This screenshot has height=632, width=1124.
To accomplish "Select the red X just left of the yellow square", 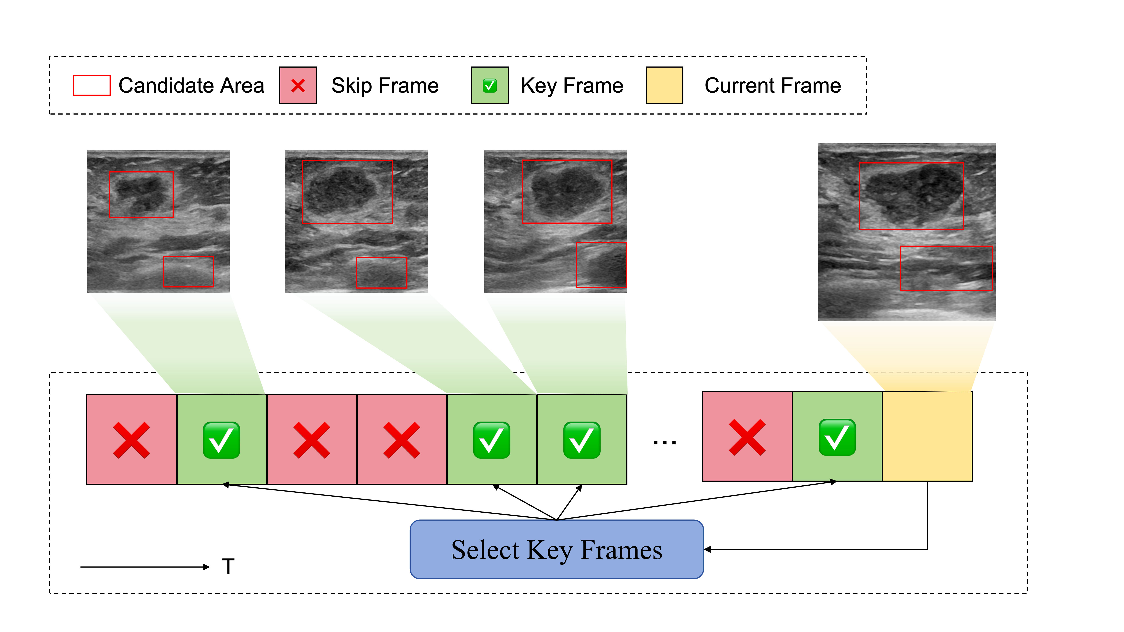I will click(x=747, y=438).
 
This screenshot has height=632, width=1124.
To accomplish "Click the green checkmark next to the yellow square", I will click(x=837, y=438).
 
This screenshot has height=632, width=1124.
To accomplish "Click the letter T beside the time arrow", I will click(x=228, y=566).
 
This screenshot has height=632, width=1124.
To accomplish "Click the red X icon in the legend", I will click(x=298, y=86).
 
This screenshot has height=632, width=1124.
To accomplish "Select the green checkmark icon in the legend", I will click(x=490, y=86).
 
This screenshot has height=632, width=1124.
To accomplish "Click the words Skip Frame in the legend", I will click(x=385, y=86).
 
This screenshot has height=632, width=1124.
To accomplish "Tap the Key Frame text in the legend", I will click(x=572, y=86).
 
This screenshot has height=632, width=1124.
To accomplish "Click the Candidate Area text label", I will click(x=191, y=86).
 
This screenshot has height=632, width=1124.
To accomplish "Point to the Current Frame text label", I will click(x=772, y=86).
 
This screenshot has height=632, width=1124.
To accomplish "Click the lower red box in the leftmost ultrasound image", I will click(x=189, y=272).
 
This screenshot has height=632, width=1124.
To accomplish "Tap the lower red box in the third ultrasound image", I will click(x=601, y=265).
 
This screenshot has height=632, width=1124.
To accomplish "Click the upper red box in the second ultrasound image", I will click(x=347, y=192).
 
